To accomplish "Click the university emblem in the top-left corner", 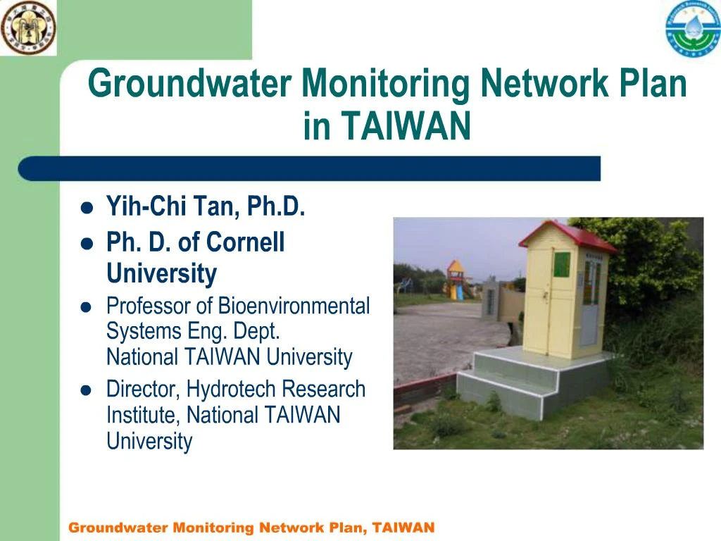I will (x=28, y=28).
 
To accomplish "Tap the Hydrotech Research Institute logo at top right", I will (x=693, y=29).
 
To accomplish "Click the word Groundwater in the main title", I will (x=189, y=85).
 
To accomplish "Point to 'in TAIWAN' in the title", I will (x=387, y=127).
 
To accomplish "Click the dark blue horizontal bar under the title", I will (x=310, y=168).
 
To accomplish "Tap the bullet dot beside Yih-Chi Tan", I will (x=87, y=209).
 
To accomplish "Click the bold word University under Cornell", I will (x=161, y=273).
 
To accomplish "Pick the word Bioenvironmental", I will (x=294, y=306).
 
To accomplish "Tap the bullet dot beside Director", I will (x=87, y=390).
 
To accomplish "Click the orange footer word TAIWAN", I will (x=403, y=528).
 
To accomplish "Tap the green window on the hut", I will (x=562, y=265).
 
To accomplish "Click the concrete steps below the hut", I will (x=514, y=384).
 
